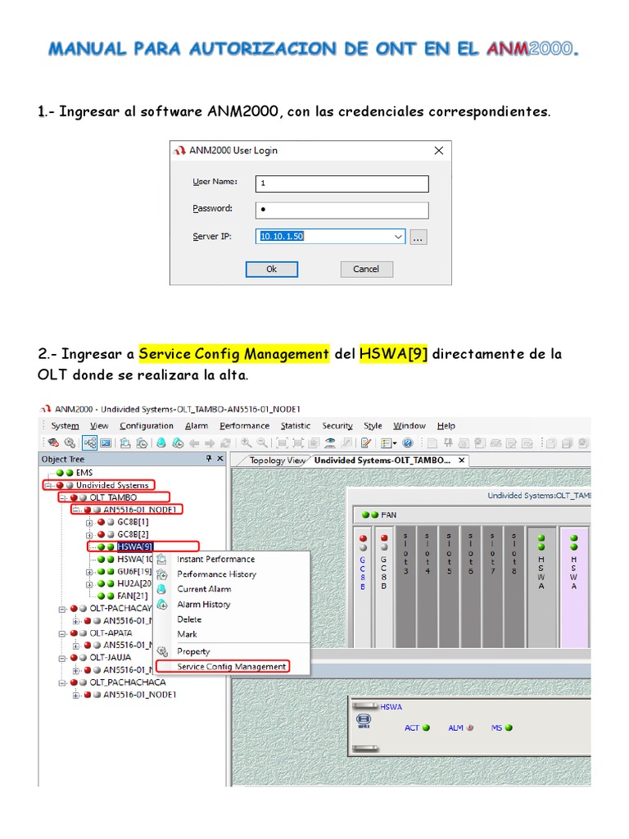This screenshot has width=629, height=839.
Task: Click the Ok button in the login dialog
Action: [271, 269]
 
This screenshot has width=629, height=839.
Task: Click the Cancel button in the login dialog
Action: [365, 269]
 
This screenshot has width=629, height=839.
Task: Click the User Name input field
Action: [342, 183]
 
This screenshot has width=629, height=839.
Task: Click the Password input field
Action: [342, 210]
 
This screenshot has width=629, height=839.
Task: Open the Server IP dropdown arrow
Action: [398, 237]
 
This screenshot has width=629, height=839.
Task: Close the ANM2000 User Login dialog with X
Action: [439, 150]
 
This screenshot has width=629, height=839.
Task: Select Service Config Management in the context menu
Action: [232, 667]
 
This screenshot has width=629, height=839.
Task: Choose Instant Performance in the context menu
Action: [215, 559]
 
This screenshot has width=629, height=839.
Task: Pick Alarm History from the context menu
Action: [203, 604]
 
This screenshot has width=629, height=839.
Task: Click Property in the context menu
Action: [193, 651]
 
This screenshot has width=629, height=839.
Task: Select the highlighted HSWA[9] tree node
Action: [135, 546]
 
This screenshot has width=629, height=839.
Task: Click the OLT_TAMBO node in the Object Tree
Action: [113, 497]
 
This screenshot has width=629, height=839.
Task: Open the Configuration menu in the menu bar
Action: [147, 425]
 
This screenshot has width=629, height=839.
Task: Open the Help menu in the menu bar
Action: [446, 425]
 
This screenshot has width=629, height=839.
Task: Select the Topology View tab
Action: [276, 460]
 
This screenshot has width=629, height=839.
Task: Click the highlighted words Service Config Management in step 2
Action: [233, 354]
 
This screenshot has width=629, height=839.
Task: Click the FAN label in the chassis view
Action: [388, 515]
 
